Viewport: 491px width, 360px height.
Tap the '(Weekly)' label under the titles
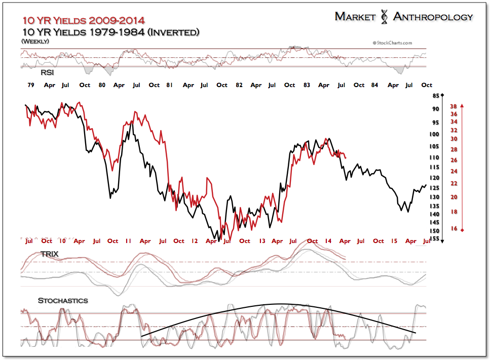click(x=35, y=41)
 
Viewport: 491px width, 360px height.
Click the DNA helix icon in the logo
click(x=385, y=17)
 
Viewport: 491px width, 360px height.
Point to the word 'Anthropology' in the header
click(x=433, y=17)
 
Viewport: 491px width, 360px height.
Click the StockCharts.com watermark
click(x=392, y=44)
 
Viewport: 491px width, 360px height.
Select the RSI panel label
click(x=48, y=73)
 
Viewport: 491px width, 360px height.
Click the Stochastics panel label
click(x=63, y=300)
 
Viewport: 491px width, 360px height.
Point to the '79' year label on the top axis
click(x=30, y=85)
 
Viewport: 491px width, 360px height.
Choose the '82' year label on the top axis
click(x=239, y=85)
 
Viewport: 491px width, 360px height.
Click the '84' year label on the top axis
click(x=374, y=85)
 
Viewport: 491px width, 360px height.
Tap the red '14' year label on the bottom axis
click(x=328, y=241)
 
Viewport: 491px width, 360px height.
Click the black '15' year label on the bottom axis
click(x=394, y=241)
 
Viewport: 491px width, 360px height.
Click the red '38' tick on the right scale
click(x=454, y=106)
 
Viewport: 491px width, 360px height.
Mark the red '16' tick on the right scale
click(x=454, y=229)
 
